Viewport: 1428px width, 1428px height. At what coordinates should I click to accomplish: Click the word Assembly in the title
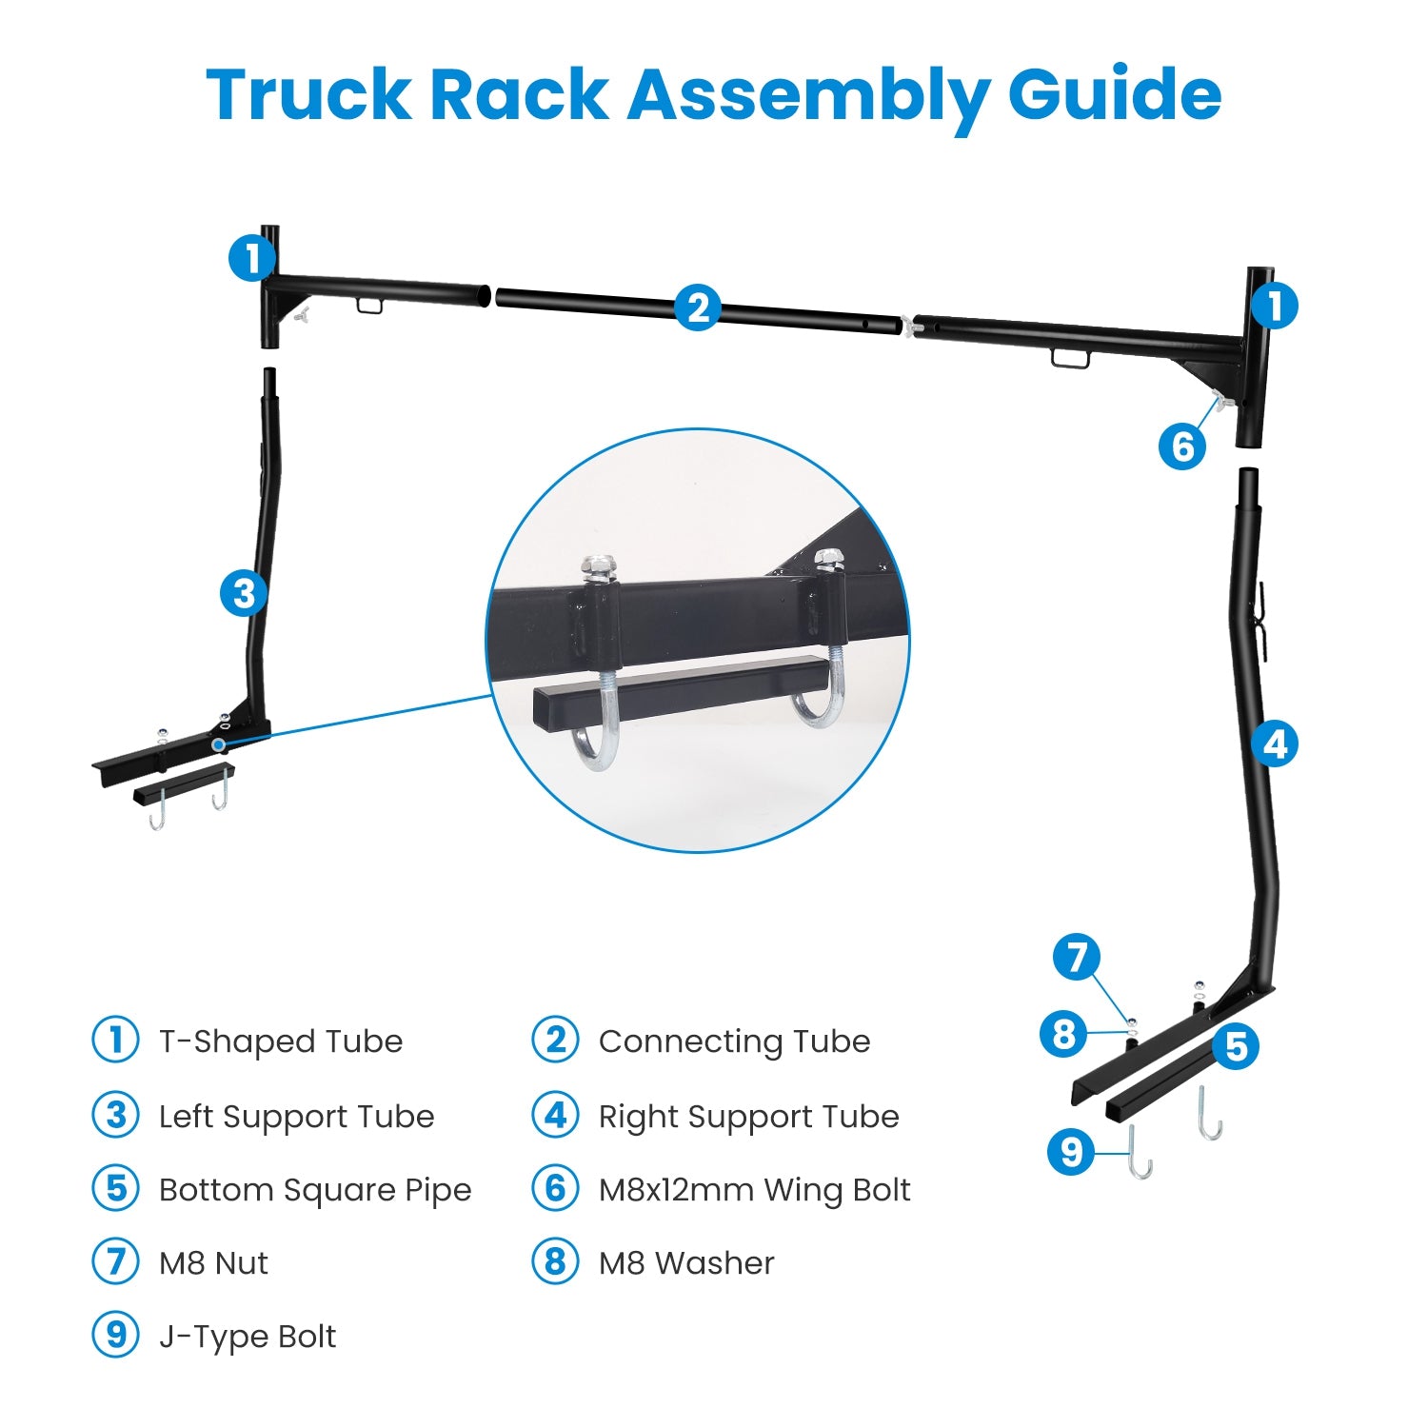coord(807,95)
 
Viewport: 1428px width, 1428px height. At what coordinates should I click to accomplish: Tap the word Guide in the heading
coord(1114,95)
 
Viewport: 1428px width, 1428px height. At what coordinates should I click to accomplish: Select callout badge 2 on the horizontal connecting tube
coord(698,308)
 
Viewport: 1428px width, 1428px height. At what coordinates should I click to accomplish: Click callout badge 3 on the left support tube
coord(244,593)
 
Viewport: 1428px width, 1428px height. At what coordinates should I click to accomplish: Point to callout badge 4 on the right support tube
coord(1276,744)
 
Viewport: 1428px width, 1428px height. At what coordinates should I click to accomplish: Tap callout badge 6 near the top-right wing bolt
coord(1182,446)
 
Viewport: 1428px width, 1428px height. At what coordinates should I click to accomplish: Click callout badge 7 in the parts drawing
coord(1077,957)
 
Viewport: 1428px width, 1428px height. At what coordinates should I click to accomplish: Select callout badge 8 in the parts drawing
coord(1063,1033)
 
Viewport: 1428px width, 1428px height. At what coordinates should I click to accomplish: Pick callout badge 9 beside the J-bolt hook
coord(1071,1152)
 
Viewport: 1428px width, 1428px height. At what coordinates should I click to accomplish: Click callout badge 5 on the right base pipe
coord(1236,1046)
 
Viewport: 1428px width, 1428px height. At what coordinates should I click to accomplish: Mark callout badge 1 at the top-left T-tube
coord(252,258)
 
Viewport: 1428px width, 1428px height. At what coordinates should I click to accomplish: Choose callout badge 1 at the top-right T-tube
coord(1274,307)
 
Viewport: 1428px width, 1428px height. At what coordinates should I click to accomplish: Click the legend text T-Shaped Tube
coord(281,1041)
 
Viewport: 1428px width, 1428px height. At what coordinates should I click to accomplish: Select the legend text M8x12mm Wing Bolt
coord(754,1190)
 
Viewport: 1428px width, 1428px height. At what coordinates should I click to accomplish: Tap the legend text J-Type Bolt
coord(248,1337)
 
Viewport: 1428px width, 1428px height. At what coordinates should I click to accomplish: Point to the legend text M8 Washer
coord(686,1263)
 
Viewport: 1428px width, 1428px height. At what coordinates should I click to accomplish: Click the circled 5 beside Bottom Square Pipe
coord(116,1189)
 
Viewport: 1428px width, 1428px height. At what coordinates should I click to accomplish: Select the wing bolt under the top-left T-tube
coord(303,314)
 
